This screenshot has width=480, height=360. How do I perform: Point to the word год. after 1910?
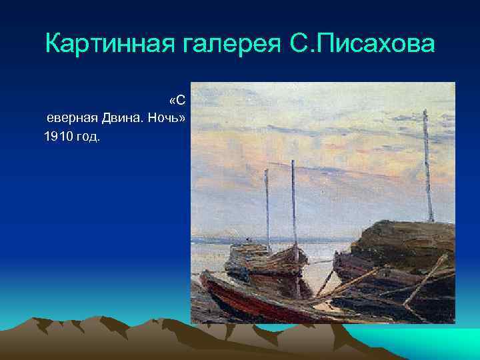87,136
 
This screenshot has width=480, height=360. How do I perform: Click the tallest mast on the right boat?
427,167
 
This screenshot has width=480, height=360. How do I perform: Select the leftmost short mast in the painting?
267,207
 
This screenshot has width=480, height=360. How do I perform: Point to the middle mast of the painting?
293,200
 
